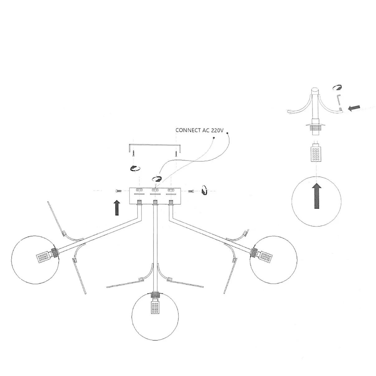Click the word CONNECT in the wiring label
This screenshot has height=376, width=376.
pos(188,130)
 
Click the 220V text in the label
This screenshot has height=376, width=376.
pos(217,130)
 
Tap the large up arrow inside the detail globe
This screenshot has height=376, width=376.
pos(317,196)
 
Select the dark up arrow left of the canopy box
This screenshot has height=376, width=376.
pos(117,208)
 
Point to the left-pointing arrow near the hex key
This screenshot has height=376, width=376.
pos(354,108)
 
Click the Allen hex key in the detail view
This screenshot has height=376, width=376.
pos(339,100)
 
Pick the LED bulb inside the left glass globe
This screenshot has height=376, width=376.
pos(42,257)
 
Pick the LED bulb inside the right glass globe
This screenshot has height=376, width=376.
pos(266,258)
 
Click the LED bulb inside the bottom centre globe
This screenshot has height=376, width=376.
pos(155,308)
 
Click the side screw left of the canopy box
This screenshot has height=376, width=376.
pos(119,191)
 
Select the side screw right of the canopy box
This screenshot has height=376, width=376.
pos(190,191)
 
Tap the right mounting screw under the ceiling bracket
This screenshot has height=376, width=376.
pos(176,153)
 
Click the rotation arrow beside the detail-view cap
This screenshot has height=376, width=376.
pos(337,87)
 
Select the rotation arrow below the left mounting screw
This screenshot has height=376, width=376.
pos(135,168)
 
